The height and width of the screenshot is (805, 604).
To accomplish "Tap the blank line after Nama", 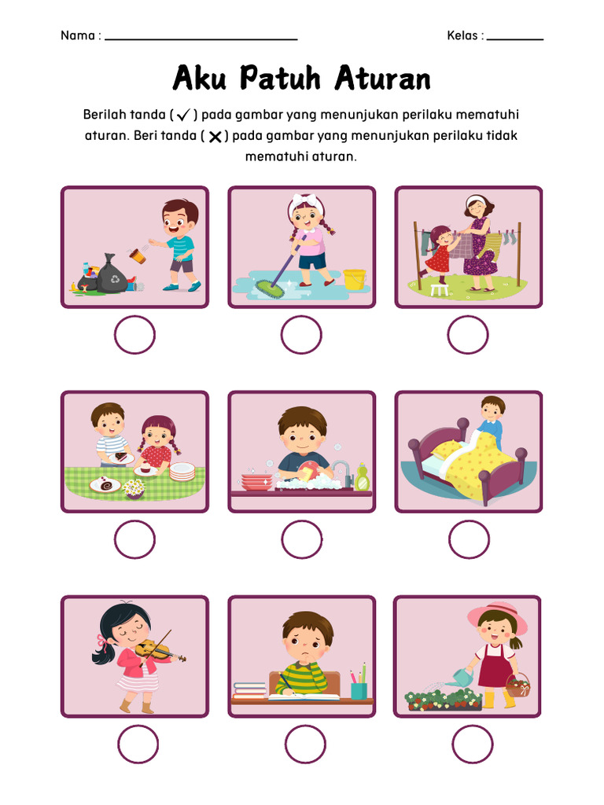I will point(201,38).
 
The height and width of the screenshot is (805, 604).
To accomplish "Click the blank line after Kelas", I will point(515,38).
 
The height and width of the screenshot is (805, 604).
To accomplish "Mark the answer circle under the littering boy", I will point(134,335).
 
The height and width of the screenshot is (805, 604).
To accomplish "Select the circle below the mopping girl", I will point(301,335).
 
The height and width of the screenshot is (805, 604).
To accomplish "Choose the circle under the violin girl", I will point(138,744).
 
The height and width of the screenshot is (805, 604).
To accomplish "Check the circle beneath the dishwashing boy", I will point(302,539).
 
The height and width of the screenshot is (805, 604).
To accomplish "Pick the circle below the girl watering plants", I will point(472,744).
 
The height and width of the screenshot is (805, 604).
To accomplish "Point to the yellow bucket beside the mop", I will point(354,279).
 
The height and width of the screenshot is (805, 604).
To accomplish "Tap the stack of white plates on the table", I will point(182,471).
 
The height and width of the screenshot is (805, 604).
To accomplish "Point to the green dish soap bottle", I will point(362,476).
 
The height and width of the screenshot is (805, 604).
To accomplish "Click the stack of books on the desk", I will point(249,690).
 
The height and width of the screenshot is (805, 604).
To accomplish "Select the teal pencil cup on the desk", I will point(359,689).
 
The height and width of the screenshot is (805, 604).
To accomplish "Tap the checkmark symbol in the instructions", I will point(183,116).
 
